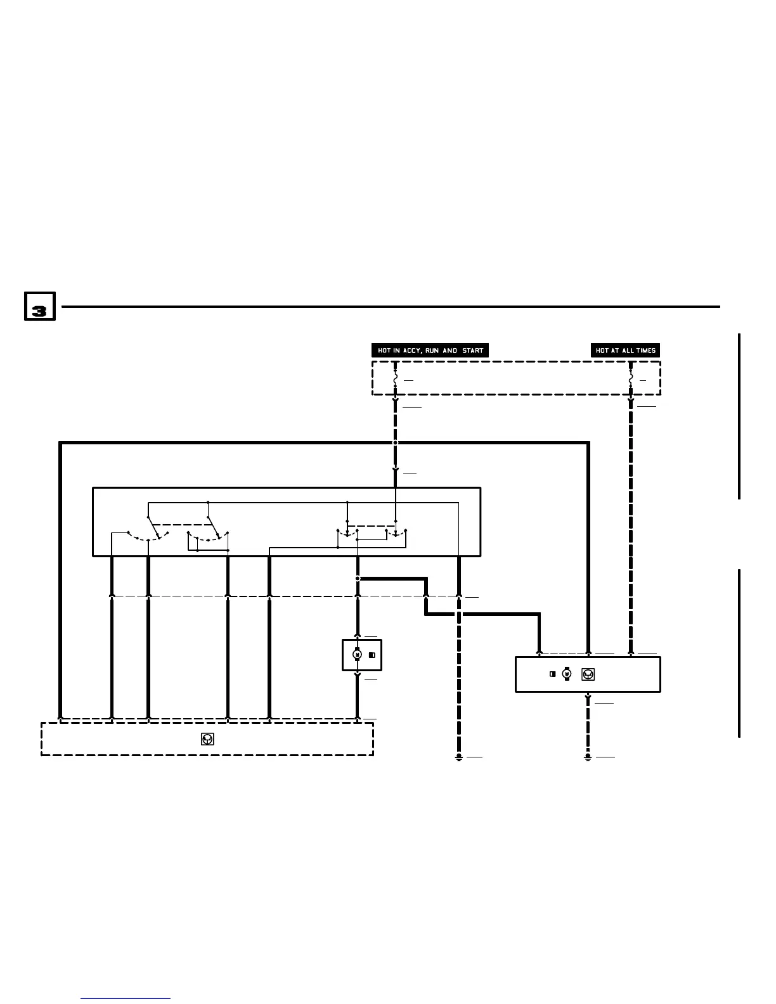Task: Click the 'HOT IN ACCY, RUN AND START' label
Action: click(x=430, y=351)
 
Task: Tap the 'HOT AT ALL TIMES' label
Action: click(x=625, y=351)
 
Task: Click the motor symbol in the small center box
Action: click(x=357, y=655)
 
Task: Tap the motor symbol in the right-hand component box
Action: click(x=567, y=674)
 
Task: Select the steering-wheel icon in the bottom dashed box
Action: click(x=207, y=738)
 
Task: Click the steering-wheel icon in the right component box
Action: click(x=588, y=674)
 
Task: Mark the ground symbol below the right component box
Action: click(x=588, y=757)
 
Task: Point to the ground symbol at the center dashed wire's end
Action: click(x=459, y=757)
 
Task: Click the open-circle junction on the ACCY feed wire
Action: click(x=395, y=443)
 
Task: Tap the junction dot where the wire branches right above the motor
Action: click(x=358, y=579)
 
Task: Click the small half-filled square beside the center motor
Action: click(x=372, y=655)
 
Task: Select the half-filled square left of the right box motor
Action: click(x=553, y=674)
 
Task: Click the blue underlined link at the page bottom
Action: click(x=126, y=998)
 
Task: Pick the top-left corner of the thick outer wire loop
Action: click(x=60, y=444)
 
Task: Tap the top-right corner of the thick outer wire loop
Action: click(x=589, y=444)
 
